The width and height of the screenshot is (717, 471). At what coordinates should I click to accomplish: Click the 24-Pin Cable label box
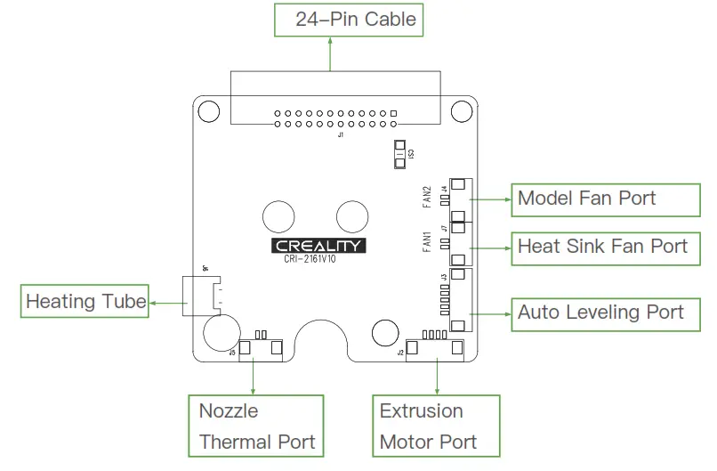(x=347, y=19)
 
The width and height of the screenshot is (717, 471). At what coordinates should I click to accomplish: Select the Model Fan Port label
(x=586, y=199)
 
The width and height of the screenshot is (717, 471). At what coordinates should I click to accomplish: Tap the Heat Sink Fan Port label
(x=603, y=246)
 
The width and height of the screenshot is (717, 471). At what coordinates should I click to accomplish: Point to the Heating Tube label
(x=85, y=301)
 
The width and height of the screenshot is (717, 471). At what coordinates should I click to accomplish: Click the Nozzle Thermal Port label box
(x=257, y=426)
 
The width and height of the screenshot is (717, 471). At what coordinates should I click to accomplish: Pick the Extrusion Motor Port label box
(x=436, y=426)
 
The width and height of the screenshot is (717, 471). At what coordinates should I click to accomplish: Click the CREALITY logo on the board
(x=318, y=245)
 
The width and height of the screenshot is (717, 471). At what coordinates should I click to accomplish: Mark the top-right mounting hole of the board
(x=461, y=110)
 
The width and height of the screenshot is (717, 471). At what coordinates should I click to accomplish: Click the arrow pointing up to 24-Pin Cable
(x=330, y=53)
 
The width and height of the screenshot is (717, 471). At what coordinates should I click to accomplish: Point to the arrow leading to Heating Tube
(x=165, y=302)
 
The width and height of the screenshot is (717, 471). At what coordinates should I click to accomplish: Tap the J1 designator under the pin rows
(x=340, y=134)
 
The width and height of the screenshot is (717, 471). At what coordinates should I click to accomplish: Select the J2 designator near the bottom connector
(x=400, y=353)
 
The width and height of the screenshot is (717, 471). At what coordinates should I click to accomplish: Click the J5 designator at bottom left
(x=233, y=353)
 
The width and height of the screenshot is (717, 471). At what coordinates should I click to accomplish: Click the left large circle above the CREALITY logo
(x=279, y=215)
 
